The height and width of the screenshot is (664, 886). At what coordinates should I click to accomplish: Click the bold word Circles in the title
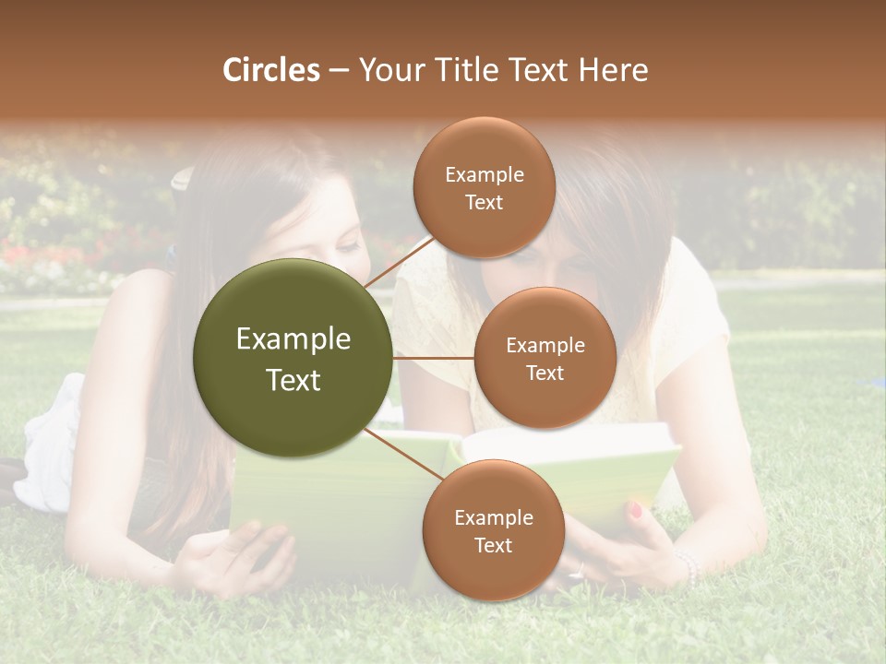click(271, 70)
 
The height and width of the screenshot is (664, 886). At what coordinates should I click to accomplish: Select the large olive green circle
click(293, 358)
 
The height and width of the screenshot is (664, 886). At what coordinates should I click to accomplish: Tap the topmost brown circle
click(484, 187)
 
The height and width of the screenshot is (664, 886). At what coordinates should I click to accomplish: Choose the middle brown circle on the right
click(545, 358)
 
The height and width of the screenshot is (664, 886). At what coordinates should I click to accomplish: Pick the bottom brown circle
click(493, 530)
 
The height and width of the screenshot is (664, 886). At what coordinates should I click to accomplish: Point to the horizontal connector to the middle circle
click(434, 357)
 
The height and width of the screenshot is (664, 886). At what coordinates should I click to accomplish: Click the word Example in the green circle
click(293, 339)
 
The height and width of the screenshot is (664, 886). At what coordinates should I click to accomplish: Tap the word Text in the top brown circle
click(484, 203)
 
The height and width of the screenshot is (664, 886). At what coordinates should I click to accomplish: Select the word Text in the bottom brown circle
click(493, 545)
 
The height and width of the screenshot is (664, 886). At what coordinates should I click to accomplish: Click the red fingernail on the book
click(635, 510)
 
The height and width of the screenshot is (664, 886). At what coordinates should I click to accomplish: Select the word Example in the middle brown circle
click(545, 346)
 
